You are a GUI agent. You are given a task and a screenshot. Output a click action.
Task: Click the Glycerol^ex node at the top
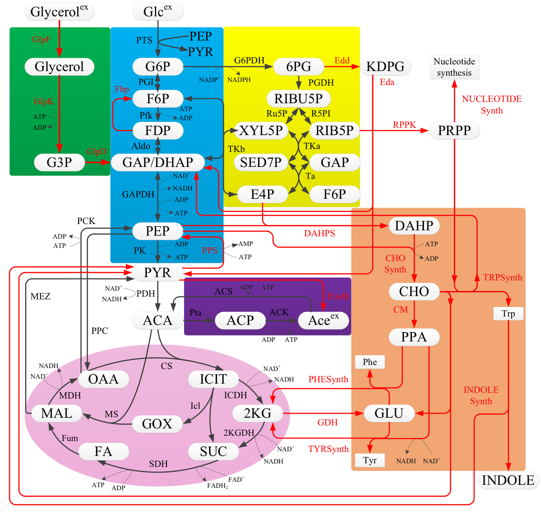coord(59,12)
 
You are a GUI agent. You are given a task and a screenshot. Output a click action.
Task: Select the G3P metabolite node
coord(59,162)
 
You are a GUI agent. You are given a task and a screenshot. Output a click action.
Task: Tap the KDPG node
coord(385,67)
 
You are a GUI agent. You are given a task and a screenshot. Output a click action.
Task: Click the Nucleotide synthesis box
coord(454,67)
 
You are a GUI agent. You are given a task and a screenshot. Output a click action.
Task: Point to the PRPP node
coord(454,131)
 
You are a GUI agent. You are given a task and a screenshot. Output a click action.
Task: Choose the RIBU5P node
coord(298,98)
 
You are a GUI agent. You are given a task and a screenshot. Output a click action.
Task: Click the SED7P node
coord(261,162)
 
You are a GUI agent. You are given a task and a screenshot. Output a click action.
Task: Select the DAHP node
coord(414,226)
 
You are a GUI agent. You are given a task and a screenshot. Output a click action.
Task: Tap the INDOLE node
coord(508,480)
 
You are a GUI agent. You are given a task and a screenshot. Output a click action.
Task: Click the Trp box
coord(508,314)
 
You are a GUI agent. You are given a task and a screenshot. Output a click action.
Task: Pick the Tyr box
coord(370,460)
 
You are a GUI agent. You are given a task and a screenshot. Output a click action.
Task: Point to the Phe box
coord(370,362)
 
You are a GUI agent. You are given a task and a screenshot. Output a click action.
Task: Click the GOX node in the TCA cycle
coord(157,424)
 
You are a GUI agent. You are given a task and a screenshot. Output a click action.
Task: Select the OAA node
coord(103,379)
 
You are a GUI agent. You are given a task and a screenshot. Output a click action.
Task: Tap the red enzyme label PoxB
coord(338,296)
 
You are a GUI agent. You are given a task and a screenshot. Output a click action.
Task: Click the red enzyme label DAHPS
coord(319,233)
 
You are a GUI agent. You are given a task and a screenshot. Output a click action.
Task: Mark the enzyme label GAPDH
coord(138,194)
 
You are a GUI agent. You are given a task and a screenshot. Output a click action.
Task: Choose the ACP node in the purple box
coord(240,320)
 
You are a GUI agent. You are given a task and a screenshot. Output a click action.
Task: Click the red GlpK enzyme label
coord(44,101)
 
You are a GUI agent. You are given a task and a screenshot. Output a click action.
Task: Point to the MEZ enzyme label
coord(40,296)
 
